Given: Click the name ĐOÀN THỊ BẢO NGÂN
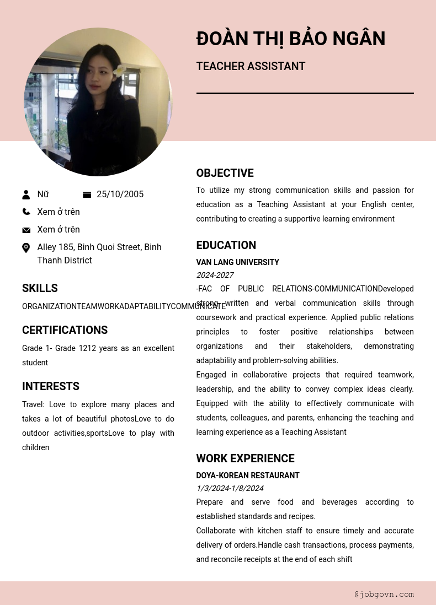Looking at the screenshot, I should [291, 39].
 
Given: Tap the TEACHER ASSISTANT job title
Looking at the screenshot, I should [251, 67].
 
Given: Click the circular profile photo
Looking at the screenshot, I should [98, 102].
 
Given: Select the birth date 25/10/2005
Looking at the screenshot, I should [120, 195].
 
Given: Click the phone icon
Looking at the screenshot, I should [26, 212].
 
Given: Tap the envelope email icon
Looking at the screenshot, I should [26, 230].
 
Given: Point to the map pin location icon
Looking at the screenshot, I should [26, 248].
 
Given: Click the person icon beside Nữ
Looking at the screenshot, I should [26, 195].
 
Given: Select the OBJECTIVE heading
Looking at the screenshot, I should [225, 174].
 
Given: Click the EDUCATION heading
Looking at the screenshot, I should [226, 246].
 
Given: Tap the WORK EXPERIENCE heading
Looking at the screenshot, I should [245, 459].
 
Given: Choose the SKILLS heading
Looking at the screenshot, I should [40, 289].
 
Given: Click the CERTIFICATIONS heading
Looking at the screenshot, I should [65, 331].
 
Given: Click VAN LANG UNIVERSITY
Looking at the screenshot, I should [237, 262].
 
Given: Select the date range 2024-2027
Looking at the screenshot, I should [215, 275].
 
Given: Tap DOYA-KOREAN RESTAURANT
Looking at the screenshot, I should [248, 476].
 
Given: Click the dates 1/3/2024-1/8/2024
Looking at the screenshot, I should [230, 488].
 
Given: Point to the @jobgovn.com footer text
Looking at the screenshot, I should [384, 594].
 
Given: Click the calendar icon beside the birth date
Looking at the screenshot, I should [87, 195].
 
